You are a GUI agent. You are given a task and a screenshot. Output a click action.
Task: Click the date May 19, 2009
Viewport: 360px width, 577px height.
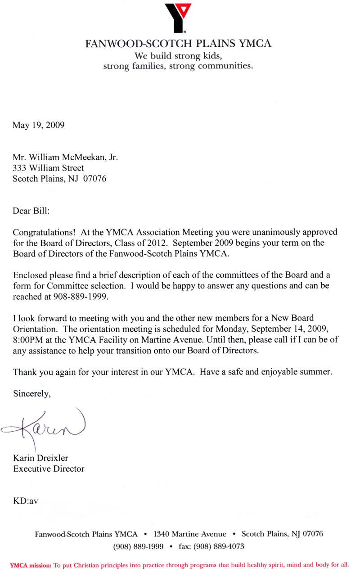pyautogui.click(x=38, y=125)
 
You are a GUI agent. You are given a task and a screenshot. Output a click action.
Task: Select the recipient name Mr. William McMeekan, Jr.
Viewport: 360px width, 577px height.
pyautogui.click(x=65, y=158)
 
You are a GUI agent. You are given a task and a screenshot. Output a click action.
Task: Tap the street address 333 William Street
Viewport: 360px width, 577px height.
pyautogui.click(x=48, y=168)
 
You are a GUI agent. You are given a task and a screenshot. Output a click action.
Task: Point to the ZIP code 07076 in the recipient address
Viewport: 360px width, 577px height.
pyautogui.click(x=94, y=179)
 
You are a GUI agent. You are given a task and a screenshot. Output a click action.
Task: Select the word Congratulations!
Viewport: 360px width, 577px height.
pyautogui.click(x=45, y=233)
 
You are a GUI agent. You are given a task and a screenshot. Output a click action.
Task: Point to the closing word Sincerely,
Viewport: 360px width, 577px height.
pyautogui.click(x=32, y=394)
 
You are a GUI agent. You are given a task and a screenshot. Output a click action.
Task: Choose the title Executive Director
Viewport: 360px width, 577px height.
pyautogui.click(x=49, y=469)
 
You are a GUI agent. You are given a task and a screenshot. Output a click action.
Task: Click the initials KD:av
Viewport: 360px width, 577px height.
pyautogui.click(x=26, y=501)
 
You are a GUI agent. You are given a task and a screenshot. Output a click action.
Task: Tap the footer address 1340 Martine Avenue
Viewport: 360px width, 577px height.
pyautogui.click(x=190, y=534)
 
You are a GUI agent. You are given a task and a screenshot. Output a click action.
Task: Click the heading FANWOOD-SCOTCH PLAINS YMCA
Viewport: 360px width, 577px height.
pyautogui.click(x=178, y=44)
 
